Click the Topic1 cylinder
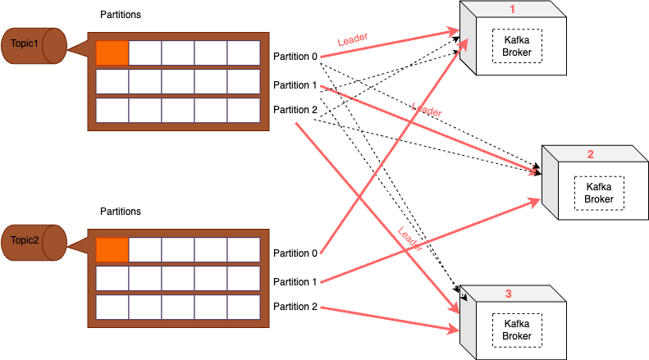(x=33, y=46)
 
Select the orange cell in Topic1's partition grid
(x=112, y=52)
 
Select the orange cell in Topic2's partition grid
(x=112, y=249)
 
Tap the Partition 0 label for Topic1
(x=295, y=57)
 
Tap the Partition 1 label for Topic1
(x=295, y=85)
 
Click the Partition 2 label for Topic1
(x=295, y=110)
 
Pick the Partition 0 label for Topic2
(x=295, y=253)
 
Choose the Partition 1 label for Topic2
(x=295, y=282)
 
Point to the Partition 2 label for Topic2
(x=295, y=307)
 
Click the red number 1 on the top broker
(x=513, y=9)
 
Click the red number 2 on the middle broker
(x=590, y=154)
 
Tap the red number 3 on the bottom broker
(x=509, y=293)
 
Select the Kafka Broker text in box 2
(x=598, y=193)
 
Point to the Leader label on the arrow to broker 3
(x=409, y=239)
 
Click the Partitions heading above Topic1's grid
(x=120, y=16)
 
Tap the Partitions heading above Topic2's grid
(x=120, y=212)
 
